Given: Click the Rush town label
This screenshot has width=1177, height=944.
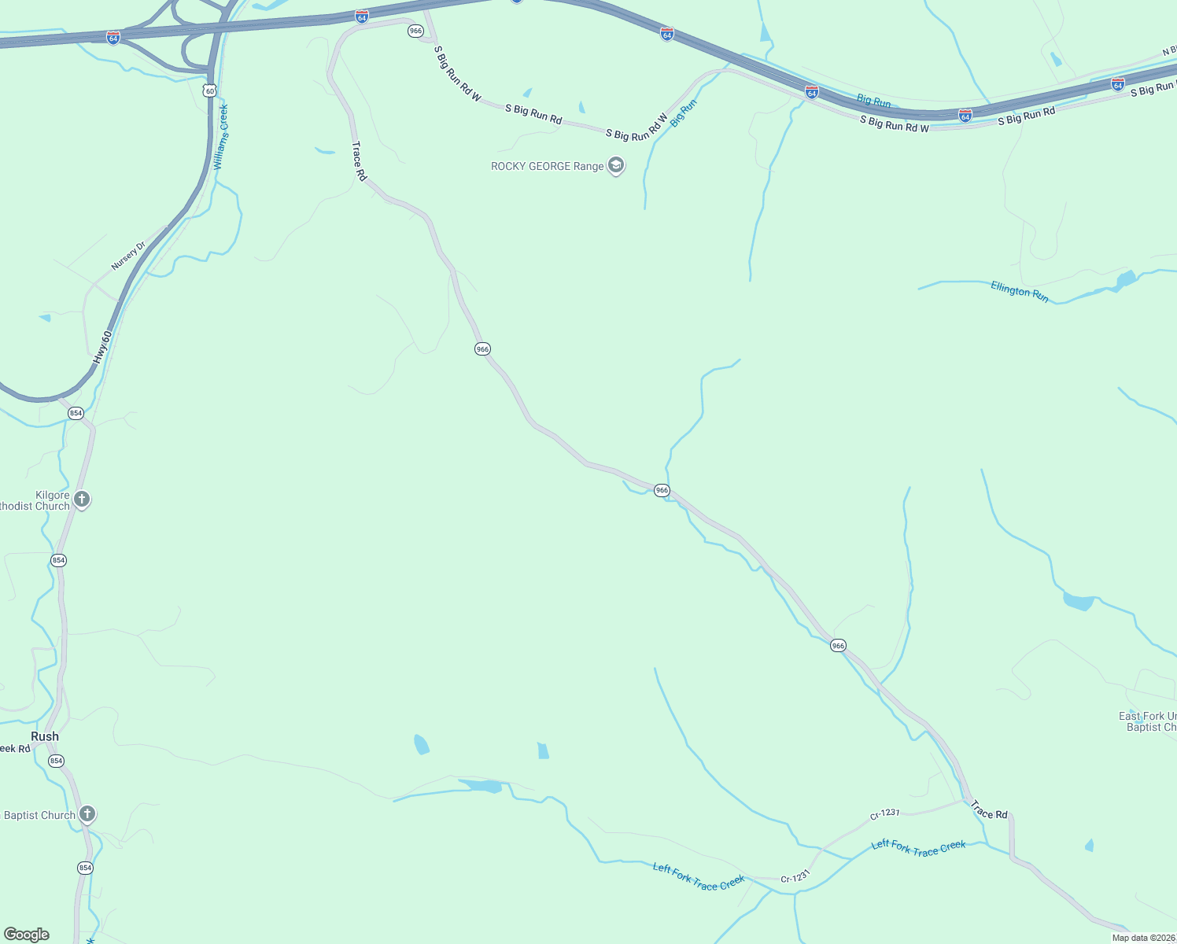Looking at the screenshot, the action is (45, 736).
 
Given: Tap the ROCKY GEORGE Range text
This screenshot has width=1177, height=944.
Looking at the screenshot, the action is (547, 166).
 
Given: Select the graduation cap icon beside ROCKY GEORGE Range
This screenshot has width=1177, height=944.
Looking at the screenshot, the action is (616, 166).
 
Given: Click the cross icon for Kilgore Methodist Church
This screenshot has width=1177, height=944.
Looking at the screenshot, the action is (81, 500).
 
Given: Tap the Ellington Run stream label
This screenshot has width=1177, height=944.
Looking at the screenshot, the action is (1020, 292).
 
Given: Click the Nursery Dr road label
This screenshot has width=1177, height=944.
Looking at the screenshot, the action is (128, 256).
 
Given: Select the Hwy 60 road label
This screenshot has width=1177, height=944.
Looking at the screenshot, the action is (102, 347).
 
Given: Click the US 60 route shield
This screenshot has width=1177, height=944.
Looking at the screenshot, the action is (208, 90).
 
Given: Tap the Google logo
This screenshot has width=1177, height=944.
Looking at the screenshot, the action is (27, 935).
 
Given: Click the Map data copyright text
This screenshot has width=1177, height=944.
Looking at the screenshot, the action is (1143, 938).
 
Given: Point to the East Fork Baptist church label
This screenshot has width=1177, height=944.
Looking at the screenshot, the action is (1149, 721).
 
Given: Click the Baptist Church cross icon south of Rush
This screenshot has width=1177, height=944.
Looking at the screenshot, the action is (87, 814).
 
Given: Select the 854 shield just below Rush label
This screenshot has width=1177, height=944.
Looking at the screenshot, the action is (56, 761).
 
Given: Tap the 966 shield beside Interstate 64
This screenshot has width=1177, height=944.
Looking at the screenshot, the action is (415, 31).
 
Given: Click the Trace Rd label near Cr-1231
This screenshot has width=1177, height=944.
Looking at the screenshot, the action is (989, 809).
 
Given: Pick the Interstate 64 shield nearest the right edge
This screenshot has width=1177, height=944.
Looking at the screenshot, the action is (1117, 83).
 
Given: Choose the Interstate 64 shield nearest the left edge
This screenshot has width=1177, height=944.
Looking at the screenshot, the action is (113, 38).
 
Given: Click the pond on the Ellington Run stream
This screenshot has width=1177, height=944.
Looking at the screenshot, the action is (1126, 278).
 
